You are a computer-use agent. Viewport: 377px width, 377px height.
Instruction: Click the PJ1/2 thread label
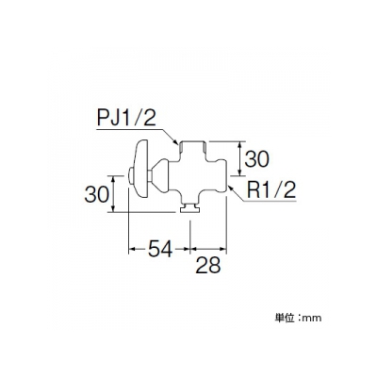tap(126, 118)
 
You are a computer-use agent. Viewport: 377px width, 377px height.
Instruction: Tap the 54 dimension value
tap(160, 249)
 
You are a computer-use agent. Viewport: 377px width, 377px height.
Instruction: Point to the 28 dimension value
tap(208, 266)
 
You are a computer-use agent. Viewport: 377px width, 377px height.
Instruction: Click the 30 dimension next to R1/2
tap(256, 158)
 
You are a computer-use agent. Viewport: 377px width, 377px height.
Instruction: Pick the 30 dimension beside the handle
tap(97, 194)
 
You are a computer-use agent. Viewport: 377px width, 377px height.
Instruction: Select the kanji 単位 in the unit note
tap(285, 318)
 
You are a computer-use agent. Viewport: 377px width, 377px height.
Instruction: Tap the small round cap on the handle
tap(131, 177)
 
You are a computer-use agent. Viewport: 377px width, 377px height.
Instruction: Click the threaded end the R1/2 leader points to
tap(221, 176)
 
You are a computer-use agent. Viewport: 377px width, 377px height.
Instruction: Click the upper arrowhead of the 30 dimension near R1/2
tap(240, 144)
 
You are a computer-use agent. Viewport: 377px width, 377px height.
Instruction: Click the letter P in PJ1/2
tap(103, 118)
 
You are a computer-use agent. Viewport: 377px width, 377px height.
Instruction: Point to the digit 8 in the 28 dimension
tap(215, 266)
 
